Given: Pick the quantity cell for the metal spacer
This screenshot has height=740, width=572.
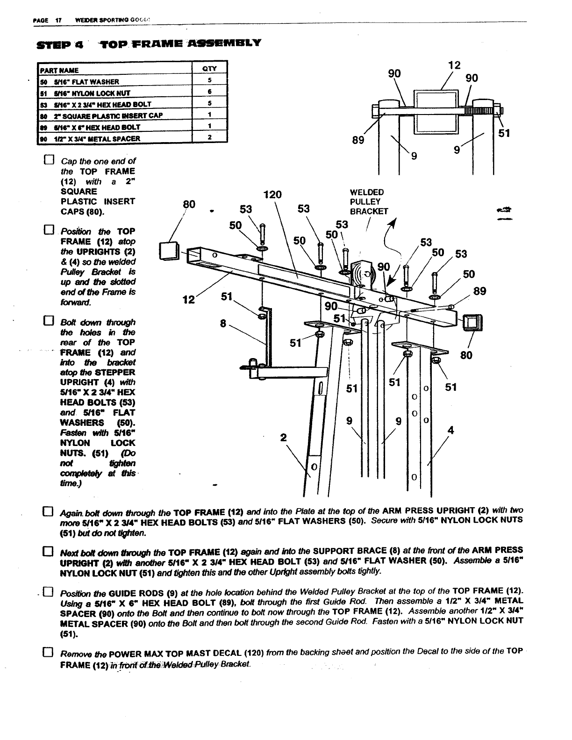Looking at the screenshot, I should (x=210, y=137).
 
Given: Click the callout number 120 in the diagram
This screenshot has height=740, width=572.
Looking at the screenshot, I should (x=272, y=194).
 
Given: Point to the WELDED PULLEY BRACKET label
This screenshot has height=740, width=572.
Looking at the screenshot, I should (x=369, y=201).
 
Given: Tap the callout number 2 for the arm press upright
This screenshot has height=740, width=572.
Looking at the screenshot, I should (x=282, y=438).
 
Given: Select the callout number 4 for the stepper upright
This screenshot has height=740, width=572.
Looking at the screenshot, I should (x=450, y=430).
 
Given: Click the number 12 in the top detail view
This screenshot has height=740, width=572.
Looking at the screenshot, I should (x=454, y=65).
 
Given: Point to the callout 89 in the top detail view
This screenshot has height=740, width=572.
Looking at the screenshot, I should (x=358, y=140).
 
